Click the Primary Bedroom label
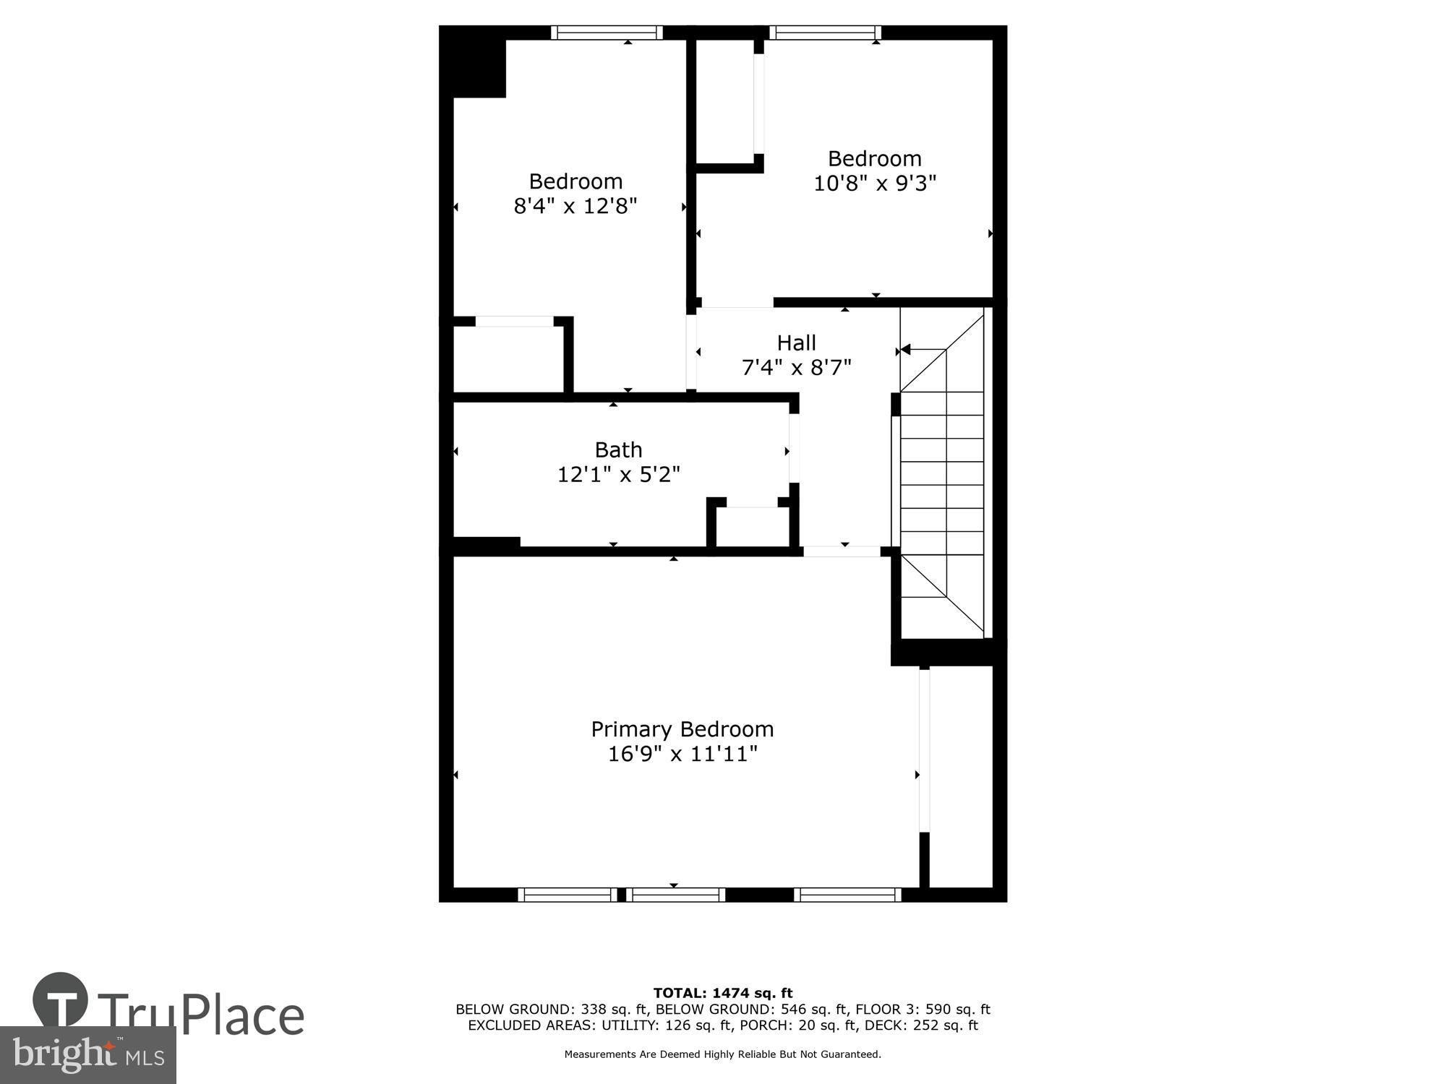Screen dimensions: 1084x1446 pos(682,729)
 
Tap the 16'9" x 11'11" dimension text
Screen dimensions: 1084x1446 pos(682,754)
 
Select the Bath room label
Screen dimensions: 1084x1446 pos(618,450)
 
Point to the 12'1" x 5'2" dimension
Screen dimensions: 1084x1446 pos(618,475)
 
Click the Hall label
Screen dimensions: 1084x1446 pos(796,343)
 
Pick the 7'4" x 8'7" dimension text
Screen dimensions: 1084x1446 pos(796,368)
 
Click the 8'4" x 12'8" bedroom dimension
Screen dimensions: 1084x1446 pos(575,206)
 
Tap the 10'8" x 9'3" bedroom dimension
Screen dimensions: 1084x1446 pos(874,184)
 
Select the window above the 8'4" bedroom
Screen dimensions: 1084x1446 pos(607,33)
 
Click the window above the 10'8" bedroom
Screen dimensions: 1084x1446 pos(825,33)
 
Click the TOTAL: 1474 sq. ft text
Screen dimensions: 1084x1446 pos(722,993)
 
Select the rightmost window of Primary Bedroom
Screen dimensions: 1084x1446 pos(847,895)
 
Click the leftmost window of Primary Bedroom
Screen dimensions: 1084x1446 pos(568,895)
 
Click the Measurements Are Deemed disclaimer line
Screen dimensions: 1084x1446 pos(722,1054)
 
